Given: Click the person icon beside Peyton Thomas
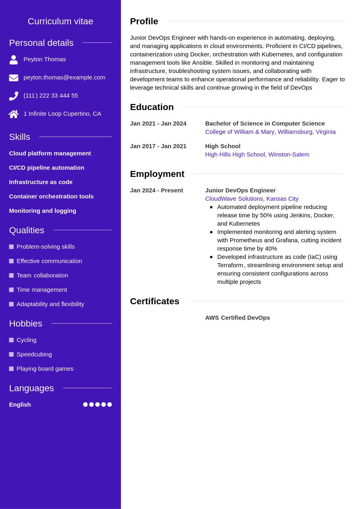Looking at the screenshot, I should pos(14,60).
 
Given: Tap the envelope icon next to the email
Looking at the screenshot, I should pos(14,78).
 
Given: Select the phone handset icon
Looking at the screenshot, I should pos(14,96).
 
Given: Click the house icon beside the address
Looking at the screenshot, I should pos(14,114).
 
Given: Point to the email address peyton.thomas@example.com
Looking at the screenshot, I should pos(64,77).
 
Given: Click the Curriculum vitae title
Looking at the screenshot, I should pos(60,21).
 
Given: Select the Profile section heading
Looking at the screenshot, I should pos(144,21).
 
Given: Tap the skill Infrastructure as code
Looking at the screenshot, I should pos(41,182).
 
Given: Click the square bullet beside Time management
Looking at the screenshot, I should pos(11,290).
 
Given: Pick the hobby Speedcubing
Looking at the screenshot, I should pos(34,354).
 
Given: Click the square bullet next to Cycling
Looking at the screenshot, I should pos(11,340).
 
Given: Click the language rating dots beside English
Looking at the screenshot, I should pos(97,405).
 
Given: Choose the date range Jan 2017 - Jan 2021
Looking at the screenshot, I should pos(158,146).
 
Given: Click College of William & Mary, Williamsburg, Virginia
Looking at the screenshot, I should pos(270,132).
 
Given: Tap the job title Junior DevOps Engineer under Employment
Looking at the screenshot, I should pos(240,190).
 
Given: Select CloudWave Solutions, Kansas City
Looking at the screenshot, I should pos(252,199).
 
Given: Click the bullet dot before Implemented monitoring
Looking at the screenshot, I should pos(211,232).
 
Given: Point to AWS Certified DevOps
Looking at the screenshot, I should pos(237,318).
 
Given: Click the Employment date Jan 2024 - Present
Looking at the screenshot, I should pos(156,190).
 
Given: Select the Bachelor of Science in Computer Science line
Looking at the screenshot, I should pos(265,123).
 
